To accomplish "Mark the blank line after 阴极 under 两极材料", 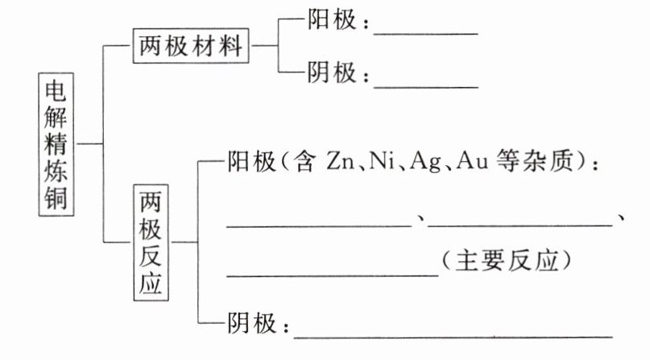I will point(426,85).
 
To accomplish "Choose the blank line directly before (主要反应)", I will point(333,275).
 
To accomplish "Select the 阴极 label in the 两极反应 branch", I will point(254,325).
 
